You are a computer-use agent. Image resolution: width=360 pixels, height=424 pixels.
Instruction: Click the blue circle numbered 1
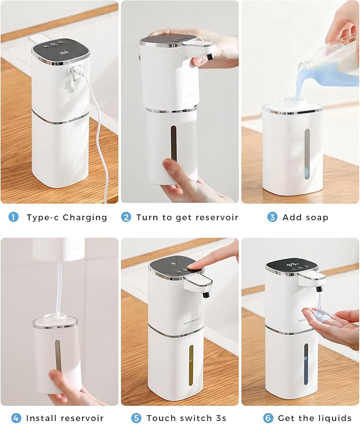tap(13, 217)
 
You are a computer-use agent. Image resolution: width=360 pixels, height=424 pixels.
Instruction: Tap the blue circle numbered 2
tap(126, 217)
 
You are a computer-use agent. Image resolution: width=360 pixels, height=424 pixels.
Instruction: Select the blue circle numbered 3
tap(272, 217)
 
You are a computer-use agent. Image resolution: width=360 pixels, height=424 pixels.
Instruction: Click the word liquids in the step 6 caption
tap(332, 418)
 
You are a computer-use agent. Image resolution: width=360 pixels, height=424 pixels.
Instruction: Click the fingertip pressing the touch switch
tap(197, 265)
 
